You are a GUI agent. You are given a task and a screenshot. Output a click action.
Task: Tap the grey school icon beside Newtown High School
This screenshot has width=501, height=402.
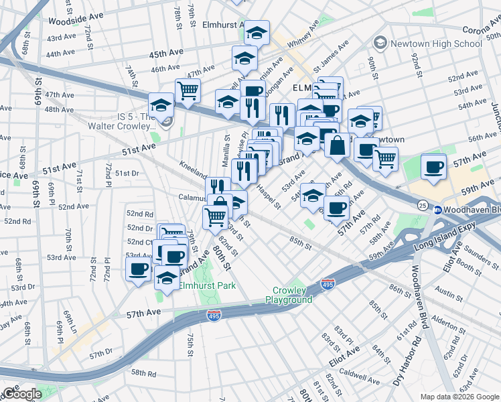pos(381,44)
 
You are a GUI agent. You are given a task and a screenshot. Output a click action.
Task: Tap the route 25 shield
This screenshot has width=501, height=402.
pos(422,204)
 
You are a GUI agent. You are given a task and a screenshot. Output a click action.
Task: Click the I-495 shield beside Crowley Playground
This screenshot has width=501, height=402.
pos(328,285)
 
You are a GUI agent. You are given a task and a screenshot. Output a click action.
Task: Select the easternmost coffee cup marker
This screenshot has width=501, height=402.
pos(433,165)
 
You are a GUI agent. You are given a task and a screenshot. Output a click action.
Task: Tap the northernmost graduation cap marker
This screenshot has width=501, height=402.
pos(256,31)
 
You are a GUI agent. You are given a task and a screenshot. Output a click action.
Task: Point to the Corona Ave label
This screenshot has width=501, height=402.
pos(482,30)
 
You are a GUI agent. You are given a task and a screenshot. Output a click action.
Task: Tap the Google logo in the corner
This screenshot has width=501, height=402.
pos(21,394)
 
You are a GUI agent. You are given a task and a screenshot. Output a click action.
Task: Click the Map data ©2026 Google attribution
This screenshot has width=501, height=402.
pos(459,397)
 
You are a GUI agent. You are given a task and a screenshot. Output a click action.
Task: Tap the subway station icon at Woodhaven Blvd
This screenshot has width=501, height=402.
pos(438,210)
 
